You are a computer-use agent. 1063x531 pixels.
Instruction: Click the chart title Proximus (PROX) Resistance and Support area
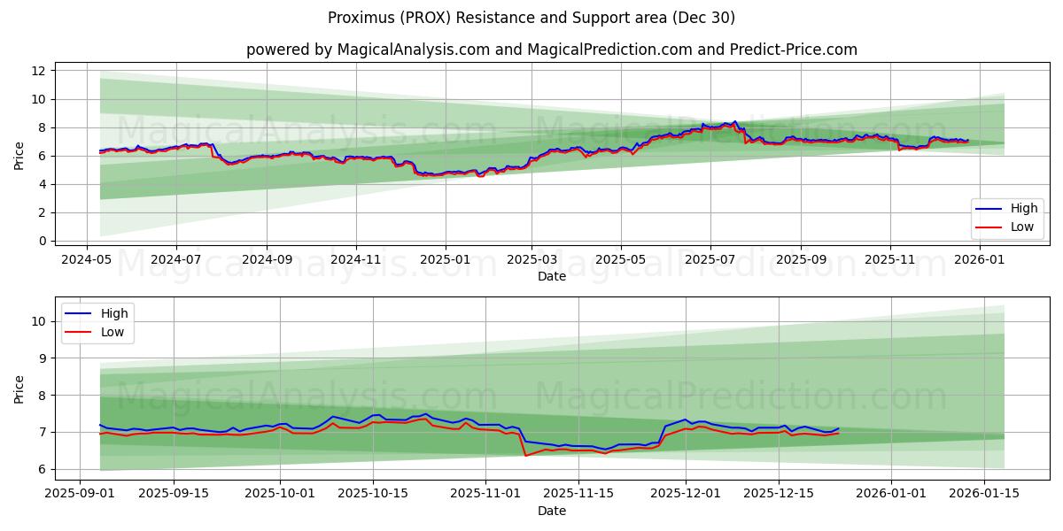(x=531, y=18)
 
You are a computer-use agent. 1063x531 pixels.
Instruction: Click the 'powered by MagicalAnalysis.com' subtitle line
(x=551, y=50)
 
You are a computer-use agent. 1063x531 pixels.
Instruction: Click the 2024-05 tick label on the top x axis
(x=86, y=260)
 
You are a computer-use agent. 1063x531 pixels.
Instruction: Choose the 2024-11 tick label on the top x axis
(x=356, y=260)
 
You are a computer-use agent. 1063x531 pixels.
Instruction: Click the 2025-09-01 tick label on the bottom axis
(x=80, y=494)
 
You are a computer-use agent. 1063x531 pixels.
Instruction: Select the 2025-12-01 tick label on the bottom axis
(x=686, y=494)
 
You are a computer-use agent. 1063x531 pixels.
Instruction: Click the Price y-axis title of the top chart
(x=19, y=156)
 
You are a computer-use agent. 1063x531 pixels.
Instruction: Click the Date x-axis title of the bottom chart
(x=551, y=511)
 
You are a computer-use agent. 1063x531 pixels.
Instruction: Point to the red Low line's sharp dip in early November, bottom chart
(x=526, y=455)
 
